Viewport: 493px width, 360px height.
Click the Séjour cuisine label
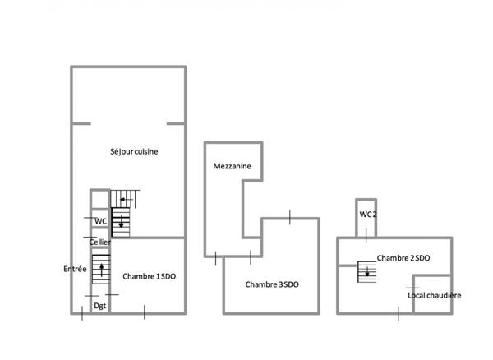(x=135, y=151)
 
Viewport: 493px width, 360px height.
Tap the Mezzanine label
(x=232, y=166)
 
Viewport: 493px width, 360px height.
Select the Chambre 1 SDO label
(x=150, y=276)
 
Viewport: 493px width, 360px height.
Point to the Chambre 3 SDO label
(x=272, y=284)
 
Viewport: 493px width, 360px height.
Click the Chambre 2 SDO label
(x=403, y=258)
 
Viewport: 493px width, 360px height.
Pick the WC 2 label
(x=368, y=215)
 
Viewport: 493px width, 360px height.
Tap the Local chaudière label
(x=435, y=295)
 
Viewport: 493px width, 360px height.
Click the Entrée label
(x=75, y=269)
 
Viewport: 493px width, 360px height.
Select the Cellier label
(x=100, y=242)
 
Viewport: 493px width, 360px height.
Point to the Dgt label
(x=99, y=306)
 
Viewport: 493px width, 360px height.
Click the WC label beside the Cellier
(x=100, y=221)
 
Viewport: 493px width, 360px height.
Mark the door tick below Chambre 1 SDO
(x=145, y=312)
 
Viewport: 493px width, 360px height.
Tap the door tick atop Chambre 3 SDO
(x=290, y=217)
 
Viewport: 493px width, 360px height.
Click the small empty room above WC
(x=99, y=199)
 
